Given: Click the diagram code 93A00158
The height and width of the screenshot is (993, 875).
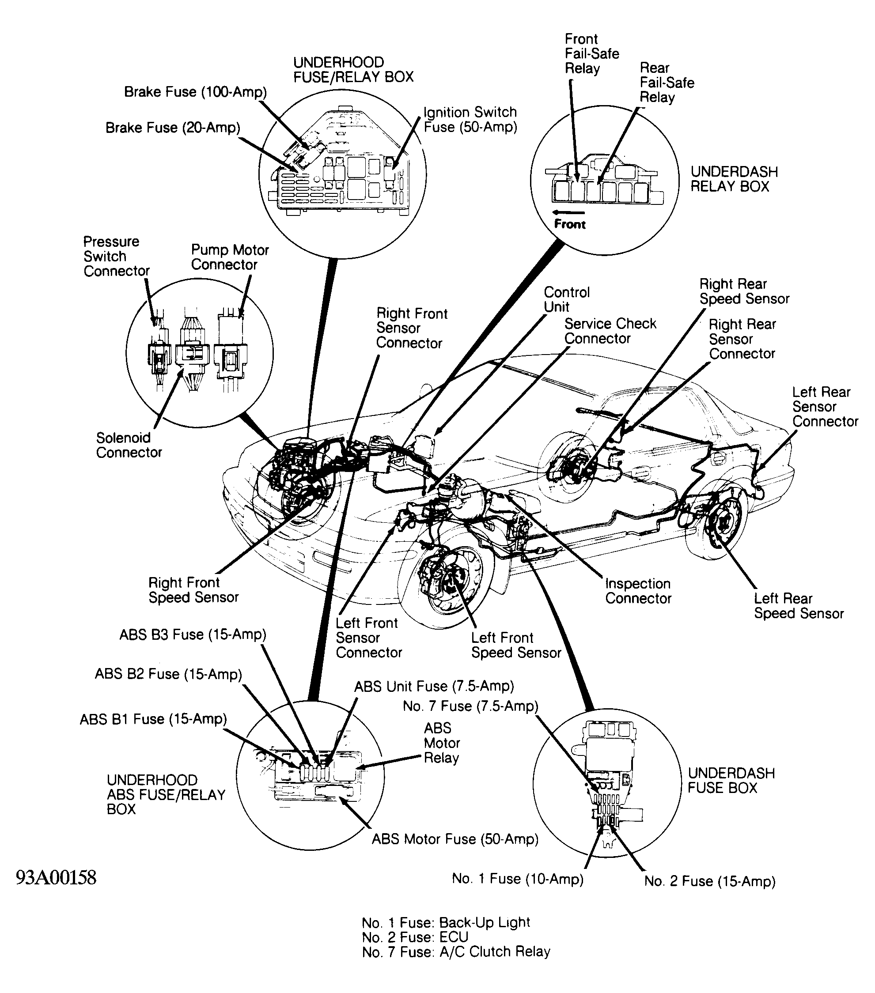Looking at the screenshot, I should (x=57, y=878).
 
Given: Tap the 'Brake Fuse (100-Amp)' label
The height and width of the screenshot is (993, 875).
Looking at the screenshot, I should (x=195, y=92).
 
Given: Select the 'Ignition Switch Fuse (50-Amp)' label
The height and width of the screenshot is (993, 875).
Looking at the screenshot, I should (x=470, y=120).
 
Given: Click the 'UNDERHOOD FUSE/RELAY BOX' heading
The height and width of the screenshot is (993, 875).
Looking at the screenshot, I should (x=353, y=69).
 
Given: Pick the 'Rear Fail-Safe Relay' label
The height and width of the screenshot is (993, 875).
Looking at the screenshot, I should (x=667, y=82).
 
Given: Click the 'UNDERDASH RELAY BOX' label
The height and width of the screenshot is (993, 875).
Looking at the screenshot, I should (x=734, y=179).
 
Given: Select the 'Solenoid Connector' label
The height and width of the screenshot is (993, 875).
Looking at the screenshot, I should (x=129, y=445).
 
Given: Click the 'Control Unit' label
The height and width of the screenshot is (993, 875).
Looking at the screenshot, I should (x=566, y=299).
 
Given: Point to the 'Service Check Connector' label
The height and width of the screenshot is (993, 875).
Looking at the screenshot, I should (x=610, y=331).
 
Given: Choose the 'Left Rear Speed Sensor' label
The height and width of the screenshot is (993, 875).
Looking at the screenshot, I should (x=799, y=606).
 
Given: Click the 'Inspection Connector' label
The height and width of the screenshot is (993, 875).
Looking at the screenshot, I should (x=638, y=591).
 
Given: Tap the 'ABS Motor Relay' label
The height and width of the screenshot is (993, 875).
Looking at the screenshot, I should (x=441, y=743).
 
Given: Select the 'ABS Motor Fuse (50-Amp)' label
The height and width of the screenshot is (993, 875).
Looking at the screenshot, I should (x=455, y=839).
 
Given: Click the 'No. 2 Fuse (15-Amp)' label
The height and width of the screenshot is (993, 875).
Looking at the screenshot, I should (x=710, y=881).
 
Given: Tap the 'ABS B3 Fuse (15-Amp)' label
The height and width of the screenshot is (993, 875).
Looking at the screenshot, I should (x=193, y=634).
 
